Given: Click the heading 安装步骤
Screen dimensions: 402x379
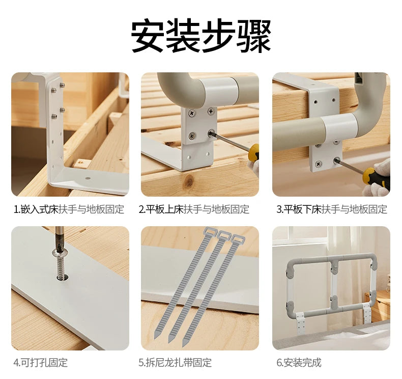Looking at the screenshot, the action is tap(201, 36).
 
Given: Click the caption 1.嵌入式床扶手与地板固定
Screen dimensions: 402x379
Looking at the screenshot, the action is tap(69, 209).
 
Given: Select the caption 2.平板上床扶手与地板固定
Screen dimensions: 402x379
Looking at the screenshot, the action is tap(194, 209).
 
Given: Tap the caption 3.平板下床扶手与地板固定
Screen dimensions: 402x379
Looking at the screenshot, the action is tap(332, 209).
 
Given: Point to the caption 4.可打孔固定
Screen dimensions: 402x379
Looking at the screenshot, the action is tap(41, 363).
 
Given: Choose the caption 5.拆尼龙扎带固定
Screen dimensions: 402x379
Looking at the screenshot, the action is tap(175, 363).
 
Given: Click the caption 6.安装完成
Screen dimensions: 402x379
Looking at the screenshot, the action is tap(299, 363).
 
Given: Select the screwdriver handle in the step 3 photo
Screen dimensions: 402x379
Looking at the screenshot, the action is tap(376, 178).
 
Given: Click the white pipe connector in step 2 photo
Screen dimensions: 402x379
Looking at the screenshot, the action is tap(219, 92).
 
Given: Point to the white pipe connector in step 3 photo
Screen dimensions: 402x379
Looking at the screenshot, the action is tap(340, 128).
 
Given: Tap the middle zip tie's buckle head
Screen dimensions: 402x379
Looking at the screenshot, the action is tap(224, 235).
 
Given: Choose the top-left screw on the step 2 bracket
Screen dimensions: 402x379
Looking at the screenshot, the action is tap(192, 113).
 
